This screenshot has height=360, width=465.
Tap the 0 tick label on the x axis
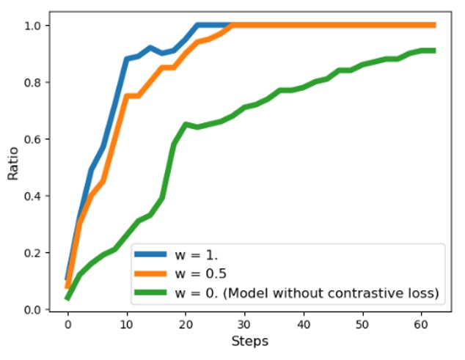pos(67,323)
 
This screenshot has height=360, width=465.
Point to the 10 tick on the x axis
pos(126,323)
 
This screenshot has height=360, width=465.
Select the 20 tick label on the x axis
pos(186,323)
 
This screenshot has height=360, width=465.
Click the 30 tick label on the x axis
pos(244,323)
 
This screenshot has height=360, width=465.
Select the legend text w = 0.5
pos(199,275)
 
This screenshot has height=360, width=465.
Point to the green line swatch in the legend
pos(151,293)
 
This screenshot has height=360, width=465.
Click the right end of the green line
pos(434,51)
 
